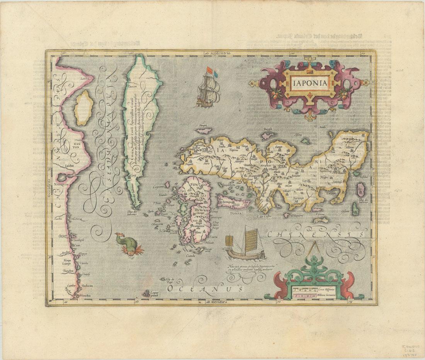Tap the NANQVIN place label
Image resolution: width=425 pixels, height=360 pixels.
tap(64, 184)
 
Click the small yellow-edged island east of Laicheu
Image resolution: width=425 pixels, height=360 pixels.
tap(82, 108)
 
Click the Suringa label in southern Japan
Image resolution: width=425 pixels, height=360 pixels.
tap(298, 197)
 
